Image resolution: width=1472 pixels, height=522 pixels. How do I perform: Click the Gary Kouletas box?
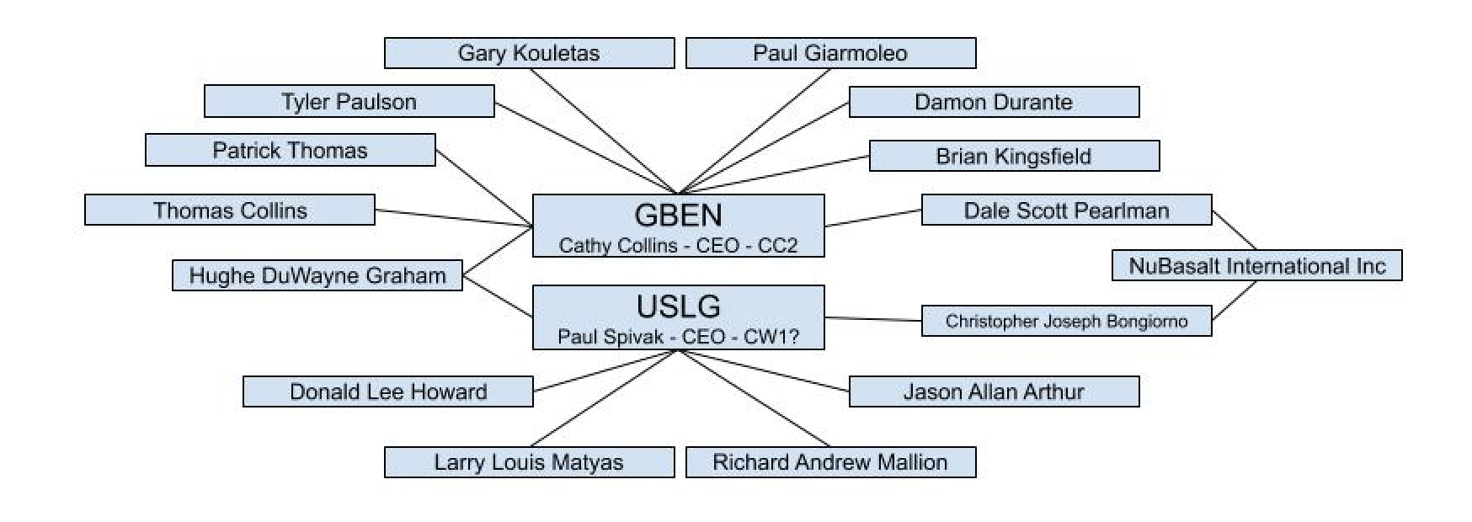tap(529, 53)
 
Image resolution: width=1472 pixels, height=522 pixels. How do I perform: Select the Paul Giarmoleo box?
tap(830, 53)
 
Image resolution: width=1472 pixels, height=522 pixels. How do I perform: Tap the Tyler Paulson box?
tap(349, 102)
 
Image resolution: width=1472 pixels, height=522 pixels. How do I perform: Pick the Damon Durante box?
tap(994, 102)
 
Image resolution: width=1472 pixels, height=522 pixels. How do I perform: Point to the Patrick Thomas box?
tap(290, 151)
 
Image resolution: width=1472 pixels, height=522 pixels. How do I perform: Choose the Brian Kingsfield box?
tap(1014, 156)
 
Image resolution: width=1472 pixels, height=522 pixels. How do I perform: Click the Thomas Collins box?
tap(229, 210)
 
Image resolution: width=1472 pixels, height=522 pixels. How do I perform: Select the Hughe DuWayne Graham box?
tap(317, 275)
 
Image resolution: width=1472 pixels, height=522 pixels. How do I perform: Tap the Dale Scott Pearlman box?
tap(1066, 210)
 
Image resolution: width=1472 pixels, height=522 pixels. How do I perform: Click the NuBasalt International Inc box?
tap(1256, 266)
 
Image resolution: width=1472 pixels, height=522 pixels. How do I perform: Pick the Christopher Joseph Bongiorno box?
tap(1066, 321)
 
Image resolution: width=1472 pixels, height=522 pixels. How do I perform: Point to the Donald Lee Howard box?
tap(387, 391)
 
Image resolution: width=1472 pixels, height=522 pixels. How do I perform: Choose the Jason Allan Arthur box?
tap(994, 391)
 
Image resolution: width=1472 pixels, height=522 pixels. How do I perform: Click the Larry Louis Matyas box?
tap(529, 462)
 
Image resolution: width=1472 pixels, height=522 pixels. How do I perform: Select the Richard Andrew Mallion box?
tap(830, 462)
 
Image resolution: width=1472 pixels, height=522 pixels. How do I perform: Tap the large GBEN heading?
tap(678, 216)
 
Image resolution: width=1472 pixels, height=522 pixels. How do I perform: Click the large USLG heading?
tap(678, 306)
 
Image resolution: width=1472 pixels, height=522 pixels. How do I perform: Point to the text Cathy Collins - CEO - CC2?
tap(678, 245)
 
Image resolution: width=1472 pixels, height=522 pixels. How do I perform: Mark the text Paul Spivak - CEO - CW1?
tap(678, 337)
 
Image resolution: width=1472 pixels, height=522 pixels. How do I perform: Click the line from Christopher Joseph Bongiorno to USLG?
tap(872, 319)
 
